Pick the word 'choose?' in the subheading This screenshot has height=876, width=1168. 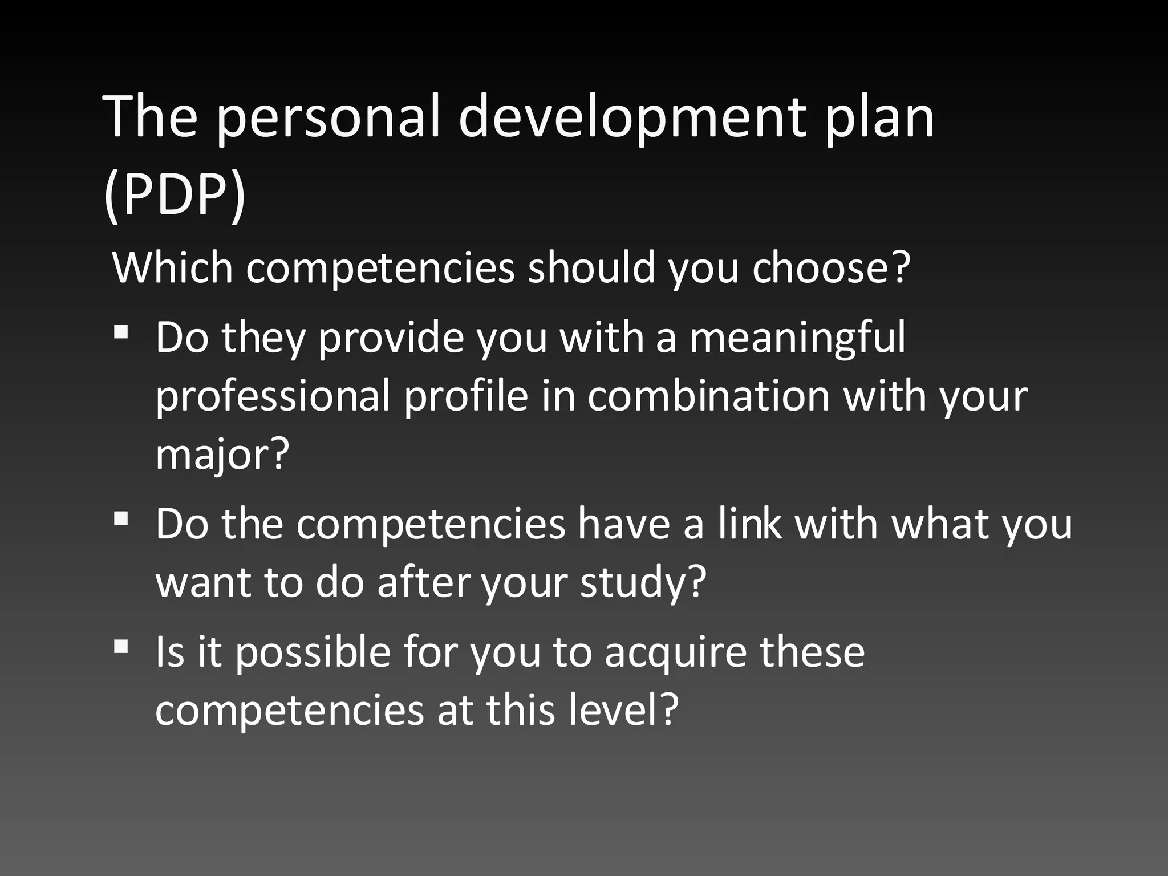(x=830, y=267)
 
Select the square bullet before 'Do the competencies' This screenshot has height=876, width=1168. (x=121, y=518)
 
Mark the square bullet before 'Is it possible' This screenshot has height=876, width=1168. (x=121, y=646)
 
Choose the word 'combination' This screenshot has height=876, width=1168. (x=708, y=396)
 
